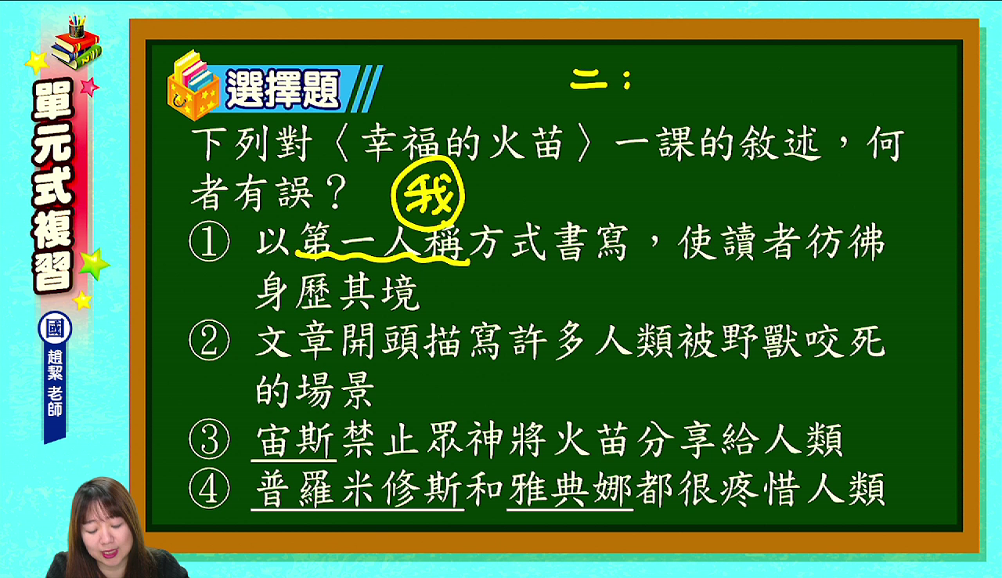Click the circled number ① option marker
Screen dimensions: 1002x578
click(x=209, y=241)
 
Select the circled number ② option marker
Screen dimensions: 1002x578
click(x=209, y=341)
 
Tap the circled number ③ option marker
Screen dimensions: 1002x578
click(x=209, y=439)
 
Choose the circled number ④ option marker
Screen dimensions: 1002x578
click(x=209, y=489)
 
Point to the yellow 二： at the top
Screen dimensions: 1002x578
click(x=600, y=80)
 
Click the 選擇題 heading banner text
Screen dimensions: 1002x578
click(x=283, y=89)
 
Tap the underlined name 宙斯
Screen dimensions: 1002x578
click(x=295, y=440)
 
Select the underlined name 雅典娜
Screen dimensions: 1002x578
click(x=571, y=489)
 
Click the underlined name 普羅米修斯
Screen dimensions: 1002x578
click(x=358, y=489)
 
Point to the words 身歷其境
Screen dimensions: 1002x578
click(x=337, y=293)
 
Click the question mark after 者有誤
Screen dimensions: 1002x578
click(x=336, y=193)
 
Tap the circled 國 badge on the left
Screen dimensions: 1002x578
click(x=55, y=328)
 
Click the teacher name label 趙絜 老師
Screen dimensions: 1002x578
click(x=55, y=383)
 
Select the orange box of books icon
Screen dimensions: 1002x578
click(x=193, y=85)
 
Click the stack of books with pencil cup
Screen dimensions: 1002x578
click(x=76, y=43)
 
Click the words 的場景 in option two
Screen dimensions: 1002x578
click(x=315, y=390)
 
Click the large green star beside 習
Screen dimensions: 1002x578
click(x=94, y=264)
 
